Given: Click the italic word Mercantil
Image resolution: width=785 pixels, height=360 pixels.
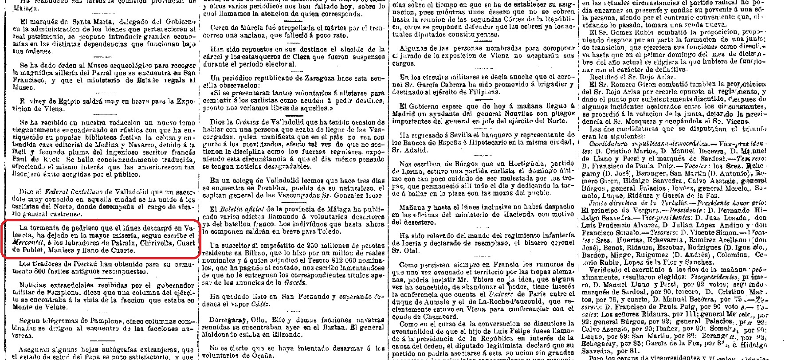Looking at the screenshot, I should pyautogui.click(x=26, y=243).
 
